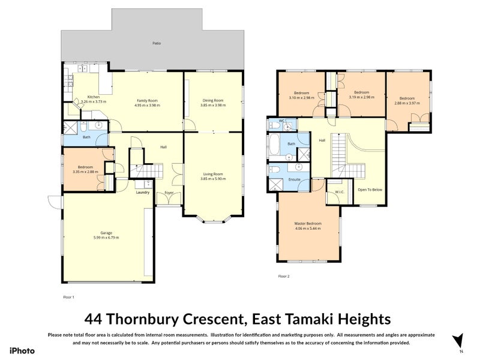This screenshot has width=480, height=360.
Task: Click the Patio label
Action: [156, 43]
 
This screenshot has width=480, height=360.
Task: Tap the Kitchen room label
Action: [94, 97]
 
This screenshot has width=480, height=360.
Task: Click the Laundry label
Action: [143, 193]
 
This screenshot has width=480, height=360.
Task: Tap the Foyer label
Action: [169, 193]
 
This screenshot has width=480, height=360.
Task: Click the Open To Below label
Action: [370, 190]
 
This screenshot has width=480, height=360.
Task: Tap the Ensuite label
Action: [294, 179]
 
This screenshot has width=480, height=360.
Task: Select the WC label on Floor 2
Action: [281, 121]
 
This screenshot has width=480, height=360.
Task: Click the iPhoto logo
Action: [22, 351]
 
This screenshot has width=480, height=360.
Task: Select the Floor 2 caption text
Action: [284, 277]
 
